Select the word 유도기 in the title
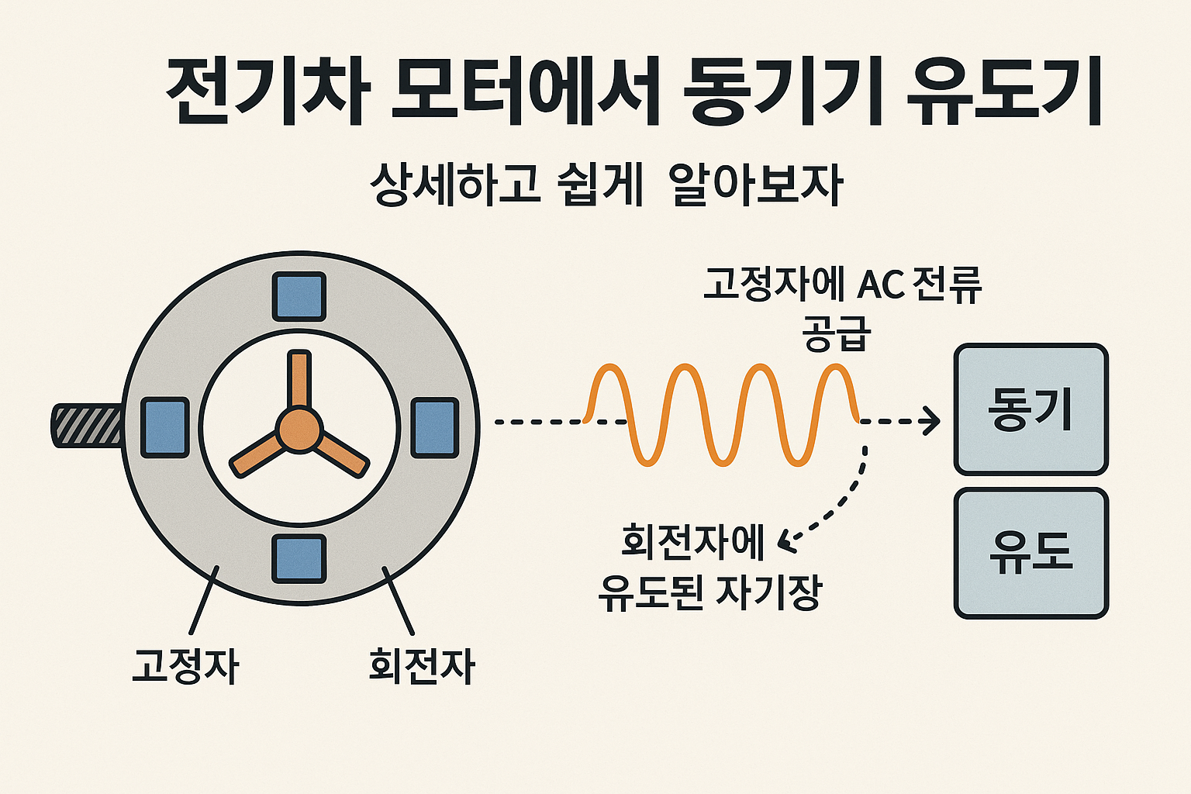click(1004, 92)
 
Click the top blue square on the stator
click(299, 296)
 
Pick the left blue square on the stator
click(165, 427)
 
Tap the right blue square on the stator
click(434, 427)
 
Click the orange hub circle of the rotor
click(299, 430)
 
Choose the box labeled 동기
click(1030, 409)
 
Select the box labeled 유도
click(1030, 553)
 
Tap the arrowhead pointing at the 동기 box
click(929, 422)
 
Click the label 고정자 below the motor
click(185, 665)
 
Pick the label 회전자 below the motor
click(421, 665)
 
